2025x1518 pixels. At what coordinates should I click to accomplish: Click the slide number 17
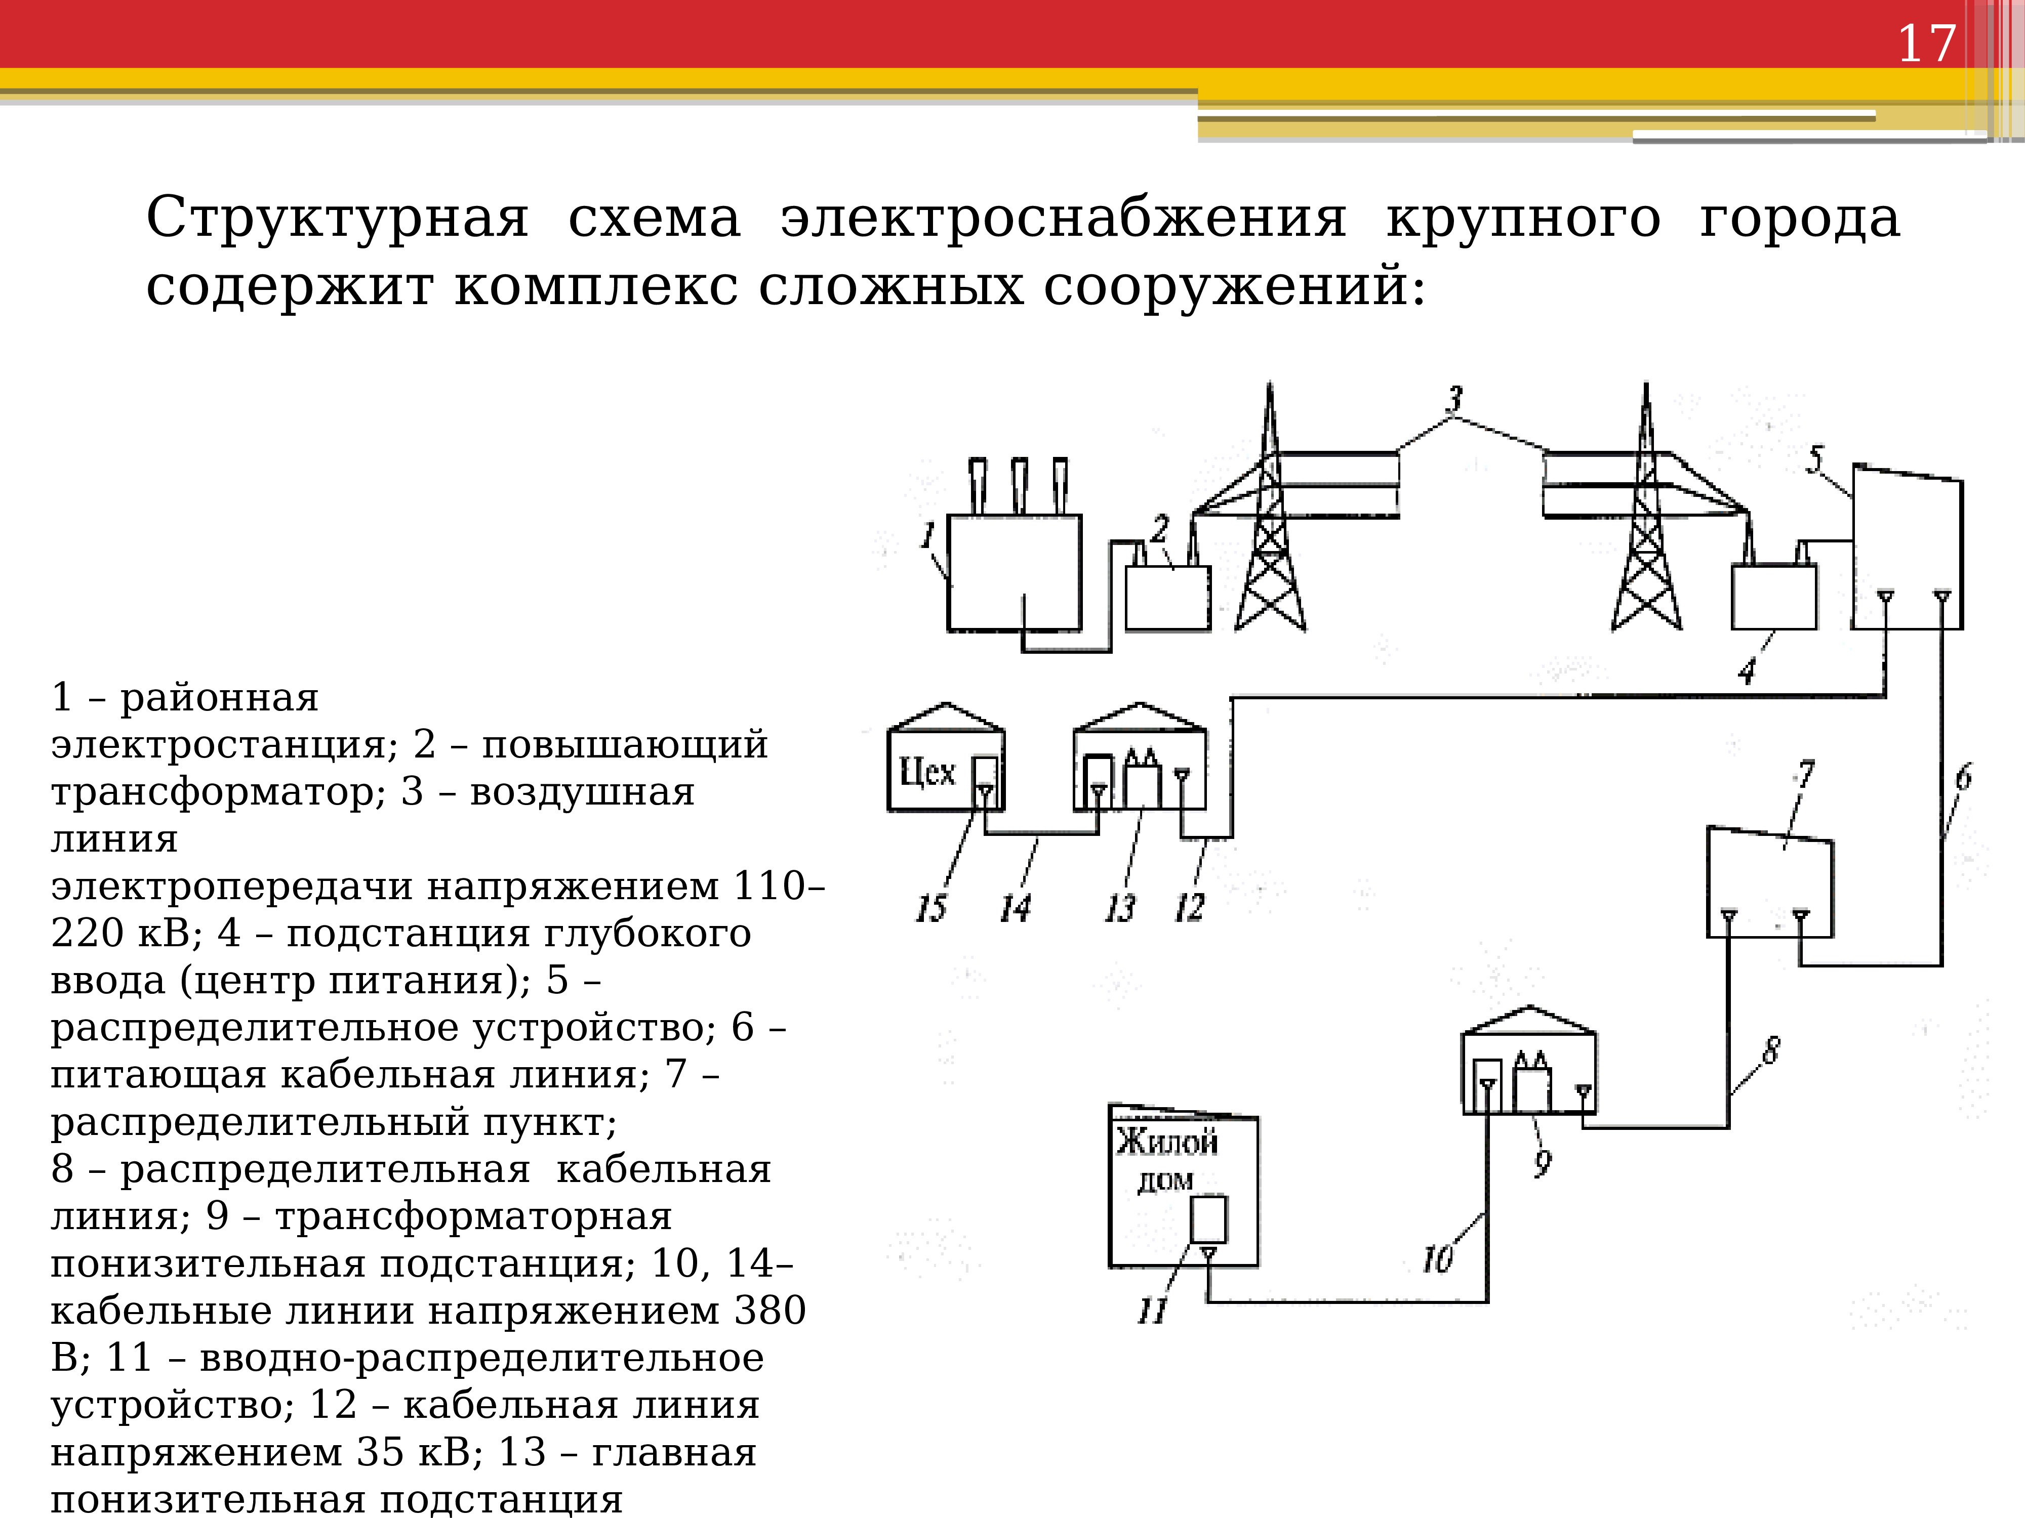pyautogui.click(x=1926, y=44)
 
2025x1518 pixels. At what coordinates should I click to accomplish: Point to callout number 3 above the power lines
pyautogui.click(x=1454, y=399)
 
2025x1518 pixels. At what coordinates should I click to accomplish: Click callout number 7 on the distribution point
pyautogui.click(x=1804, y=775)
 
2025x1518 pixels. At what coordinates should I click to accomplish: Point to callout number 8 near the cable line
pyautogui.click(x=1770, y=1050)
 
